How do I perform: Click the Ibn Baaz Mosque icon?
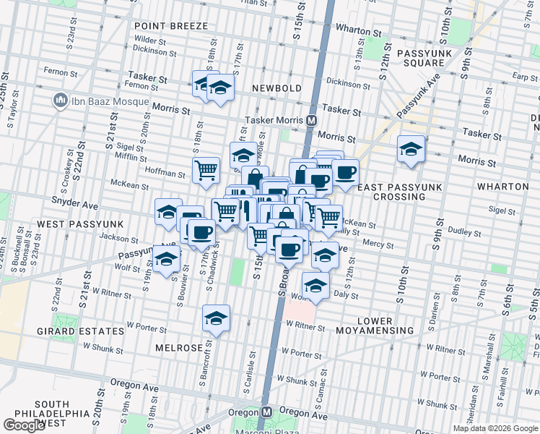coord(58,100)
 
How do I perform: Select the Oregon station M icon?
coord(266,412)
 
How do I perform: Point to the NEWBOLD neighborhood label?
coord(276,88)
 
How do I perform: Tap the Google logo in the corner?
coord(24,425)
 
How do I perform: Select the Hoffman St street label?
coord(165,174)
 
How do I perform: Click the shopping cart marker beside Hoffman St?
coord(206,170)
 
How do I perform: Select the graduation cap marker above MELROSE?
coord(215,318)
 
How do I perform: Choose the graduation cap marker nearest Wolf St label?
coord(166,259)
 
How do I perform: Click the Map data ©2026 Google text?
coord(495,428)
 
